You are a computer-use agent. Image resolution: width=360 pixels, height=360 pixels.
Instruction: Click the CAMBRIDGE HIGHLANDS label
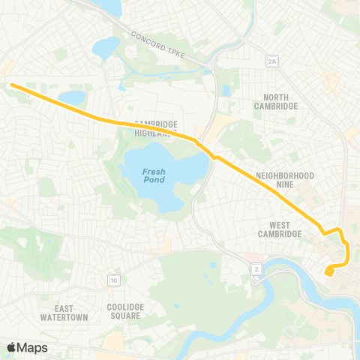[x=155, y=128]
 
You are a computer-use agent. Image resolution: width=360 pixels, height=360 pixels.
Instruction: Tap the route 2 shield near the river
[x=257, y=268]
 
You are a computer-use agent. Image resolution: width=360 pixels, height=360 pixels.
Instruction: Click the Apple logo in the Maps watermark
[x=12, y=347]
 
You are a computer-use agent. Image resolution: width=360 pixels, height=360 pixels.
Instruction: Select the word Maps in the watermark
[x=34, y=347]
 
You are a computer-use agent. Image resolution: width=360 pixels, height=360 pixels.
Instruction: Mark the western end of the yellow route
[x=13, y=85]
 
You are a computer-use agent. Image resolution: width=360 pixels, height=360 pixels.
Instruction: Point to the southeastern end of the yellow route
[x=328, y=273]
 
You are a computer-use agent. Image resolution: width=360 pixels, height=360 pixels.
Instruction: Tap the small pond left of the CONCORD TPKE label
[x=104, y=48]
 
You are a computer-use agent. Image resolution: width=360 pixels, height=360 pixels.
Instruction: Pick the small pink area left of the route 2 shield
[x=246, y=257]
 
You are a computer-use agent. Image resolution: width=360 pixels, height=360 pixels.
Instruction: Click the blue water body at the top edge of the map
[x=111, y=7]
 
